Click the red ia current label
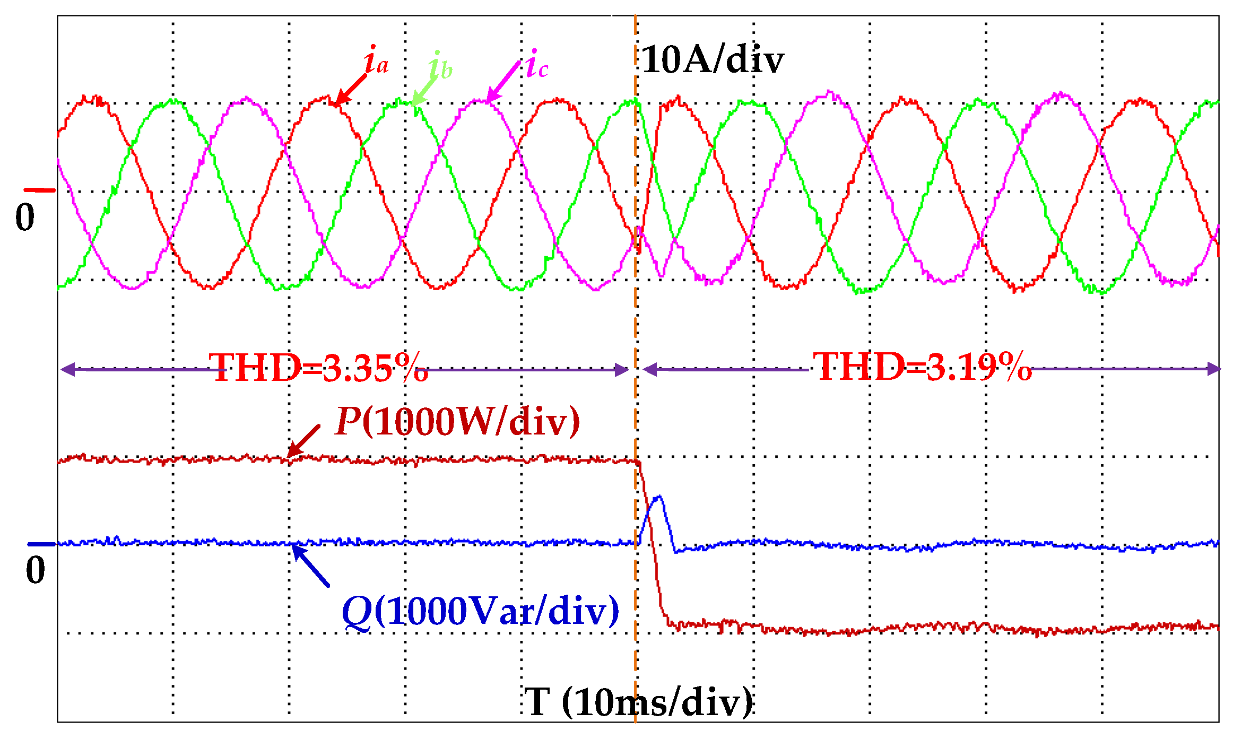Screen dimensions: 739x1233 pos(377,61)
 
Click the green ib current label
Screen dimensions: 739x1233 pos(440,66)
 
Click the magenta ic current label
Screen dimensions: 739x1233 pos(537,65)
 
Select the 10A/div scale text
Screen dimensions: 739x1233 pos(713,59)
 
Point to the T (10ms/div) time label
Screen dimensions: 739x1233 pos(639,701)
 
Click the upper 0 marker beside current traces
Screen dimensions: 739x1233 pos(25,217)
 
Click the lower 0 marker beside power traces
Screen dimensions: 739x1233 pos(36,570)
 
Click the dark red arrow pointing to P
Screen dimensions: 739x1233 pos(304,441)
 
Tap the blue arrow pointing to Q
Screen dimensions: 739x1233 pos(311,566)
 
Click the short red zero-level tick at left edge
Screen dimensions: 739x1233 pos(39,189)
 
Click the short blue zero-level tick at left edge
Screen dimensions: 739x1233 pos(41,544)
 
